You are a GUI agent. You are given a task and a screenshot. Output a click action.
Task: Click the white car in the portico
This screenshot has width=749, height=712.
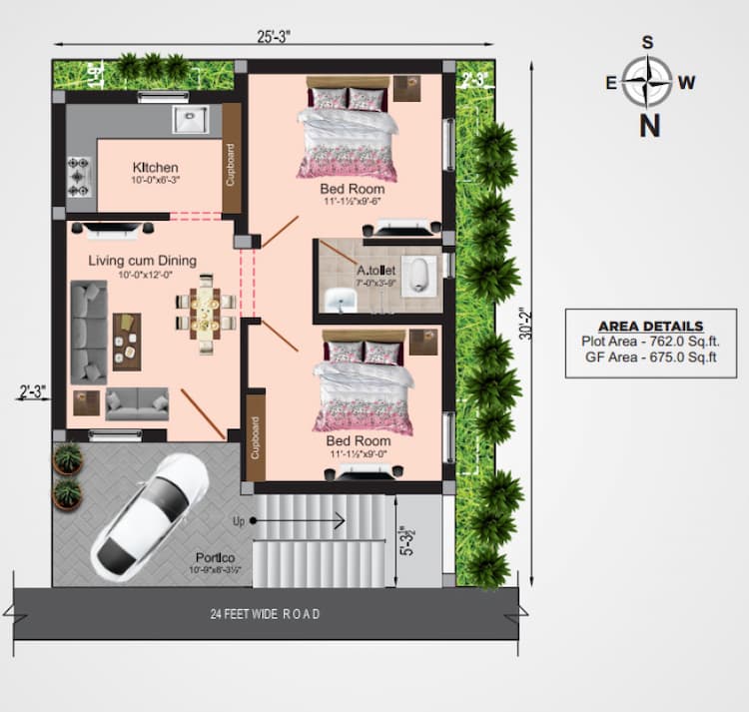coord(150,510)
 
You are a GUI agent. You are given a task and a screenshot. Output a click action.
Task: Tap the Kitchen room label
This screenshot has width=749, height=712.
coord(156,167)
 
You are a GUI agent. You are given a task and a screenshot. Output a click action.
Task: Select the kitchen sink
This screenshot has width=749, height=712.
coord(191,120)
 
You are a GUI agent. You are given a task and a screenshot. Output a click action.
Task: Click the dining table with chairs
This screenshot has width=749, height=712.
coord(207,311)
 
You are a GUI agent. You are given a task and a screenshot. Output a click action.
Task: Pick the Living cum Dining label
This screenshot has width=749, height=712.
coord(143,261)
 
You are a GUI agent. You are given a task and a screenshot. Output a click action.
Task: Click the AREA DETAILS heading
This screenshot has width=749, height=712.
coord(650,327)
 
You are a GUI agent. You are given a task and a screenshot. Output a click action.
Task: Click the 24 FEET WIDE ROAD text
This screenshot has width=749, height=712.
coord(266,614)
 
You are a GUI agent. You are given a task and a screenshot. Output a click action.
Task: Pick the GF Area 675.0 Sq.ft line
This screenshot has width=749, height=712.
coord(650,356)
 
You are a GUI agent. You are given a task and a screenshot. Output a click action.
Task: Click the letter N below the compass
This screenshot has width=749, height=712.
coord(649,125)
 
